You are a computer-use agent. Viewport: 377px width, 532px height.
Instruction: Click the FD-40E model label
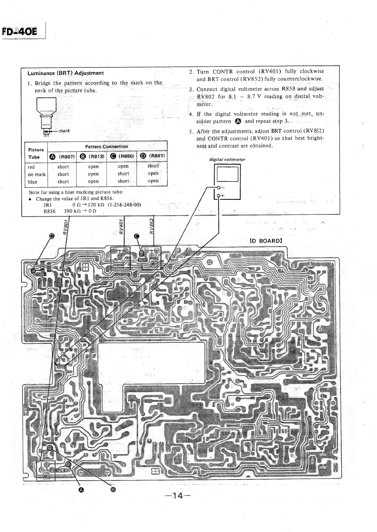(20, 32)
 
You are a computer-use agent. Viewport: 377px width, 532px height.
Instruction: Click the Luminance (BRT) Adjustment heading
(66, 73)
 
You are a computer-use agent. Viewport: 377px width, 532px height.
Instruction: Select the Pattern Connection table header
(107, 146)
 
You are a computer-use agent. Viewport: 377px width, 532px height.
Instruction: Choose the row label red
(31, 167)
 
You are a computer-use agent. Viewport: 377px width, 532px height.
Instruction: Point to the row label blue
(32, 182)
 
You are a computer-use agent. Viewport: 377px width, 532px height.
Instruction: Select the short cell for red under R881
(153, 166)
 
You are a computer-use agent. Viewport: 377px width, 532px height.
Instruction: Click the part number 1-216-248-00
(124, 204)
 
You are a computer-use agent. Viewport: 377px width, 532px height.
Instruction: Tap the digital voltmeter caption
(227, 159)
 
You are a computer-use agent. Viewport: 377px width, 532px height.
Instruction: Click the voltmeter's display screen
(227, 174)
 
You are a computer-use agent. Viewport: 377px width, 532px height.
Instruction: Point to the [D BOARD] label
(266, 241)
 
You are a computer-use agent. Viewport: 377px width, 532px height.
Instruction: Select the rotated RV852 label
(152, 226)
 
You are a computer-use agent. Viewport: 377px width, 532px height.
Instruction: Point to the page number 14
(178, 496)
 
